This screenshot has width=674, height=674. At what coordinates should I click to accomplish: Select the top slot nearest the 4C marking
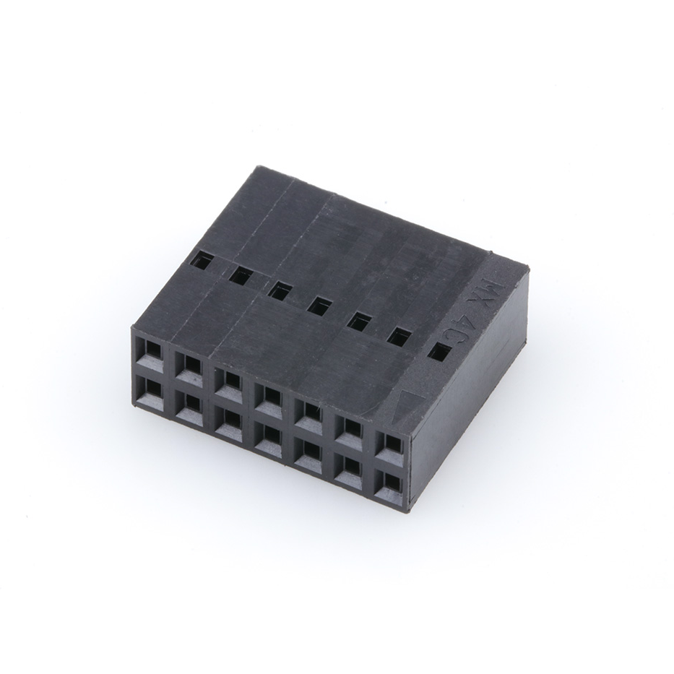439,352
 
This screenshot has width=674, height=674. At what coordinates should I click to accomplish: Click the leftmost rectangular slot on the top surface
203,260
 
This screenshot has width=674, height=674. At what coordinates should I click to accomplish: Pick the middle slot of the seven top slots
319,306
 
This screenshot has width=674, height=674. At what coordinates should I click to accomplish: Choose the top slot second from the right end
399,336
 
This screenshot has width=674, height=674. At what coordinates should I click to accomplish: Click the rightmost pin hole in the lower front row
391,483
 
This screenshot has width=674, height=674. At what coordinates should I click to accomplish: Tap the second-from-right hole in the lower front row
350,467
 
